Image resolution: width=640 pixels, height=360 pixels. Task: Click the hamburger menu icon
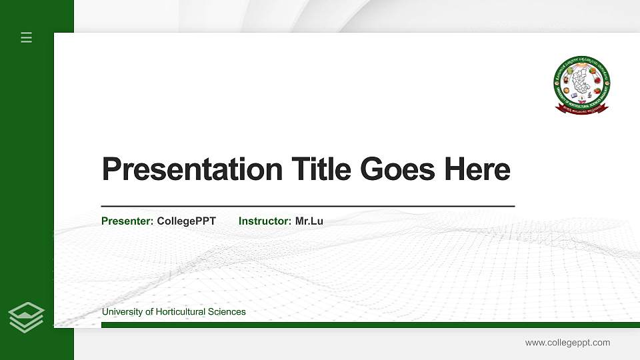(x=27, y=37)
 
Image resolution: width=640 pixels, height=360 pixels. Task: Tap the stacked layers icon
(x=27, y=317)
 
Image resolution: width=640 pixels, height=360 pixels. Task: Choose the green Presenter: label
(x=127, y=221)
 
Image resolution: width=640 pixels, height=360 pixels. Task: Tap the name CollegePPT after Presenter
(x=187, y=221)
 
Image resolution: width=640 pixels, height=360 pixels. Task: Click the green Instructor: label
(x=265, y=221)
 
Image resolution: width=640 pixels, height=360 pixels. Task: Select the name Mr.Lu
(x=309, y=221)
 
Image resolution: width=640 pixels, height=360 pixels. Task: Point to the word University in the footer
(x=123, y=312)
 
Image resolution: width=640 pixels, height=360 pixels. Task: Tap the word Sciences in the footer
(x=227, y=312)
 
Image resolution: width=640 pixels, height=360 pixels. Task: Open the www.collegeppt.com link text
(x=567, y=343)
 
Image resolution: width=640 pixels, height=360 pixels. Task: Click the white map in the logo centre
(x=582, y=81)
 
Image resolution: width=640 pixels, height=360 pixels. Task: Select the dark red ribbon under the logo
(x=582, y=108)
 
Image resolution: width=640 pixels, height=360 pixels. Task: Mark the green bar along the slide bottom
(x=370, y=325)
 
